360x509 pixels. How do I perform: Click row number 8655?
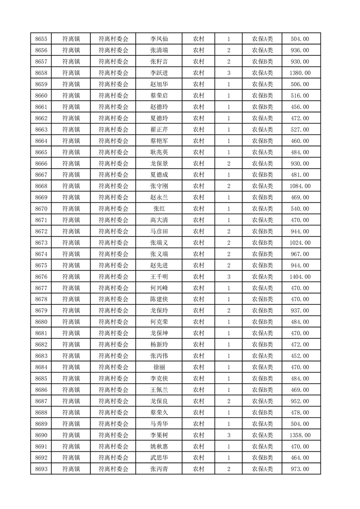41,39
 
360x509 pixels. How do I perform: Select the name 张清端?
159,50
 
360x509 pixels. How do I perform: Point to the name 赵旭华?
159,84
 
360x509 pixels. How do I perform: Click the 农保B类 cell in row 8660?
262,96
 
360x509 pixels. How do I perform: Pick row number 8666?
41,163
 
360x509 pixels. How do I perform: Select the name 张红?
159,209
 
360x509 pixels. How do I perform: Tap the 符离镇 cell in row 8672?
71,231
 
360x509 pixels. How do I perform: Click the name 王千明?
159,277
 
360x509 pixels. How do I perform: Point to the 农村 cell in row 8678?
198,299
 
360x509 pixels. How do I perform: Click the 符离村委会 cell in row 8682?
113,344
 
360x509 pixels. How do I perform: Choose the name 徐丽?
159,367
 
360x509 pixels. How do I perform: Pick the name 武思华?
159,458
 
